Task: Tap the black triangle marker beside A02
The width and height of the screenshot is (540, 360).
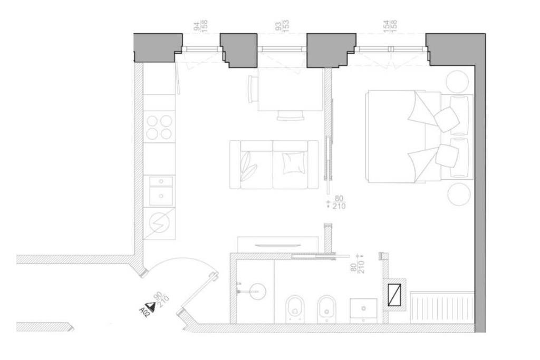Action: [x=151, y=305]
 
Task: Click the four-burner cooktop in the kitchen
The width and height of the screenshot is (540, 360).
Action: [x=159, y=127]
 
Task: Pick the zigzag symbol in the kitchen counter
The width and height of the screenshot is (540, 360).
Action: [x=159, y=223]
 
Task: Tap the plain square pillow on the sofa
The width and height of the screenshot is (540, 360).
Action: [x=294, y=162]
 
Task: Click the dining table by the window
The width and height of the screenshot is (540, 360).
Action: [x=290, y=92]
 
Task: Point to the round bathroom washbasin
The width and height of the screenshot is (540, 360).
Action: [x=257, y=290]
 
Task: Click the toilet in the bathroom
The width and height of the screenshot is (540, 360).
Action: [x=293, y=308]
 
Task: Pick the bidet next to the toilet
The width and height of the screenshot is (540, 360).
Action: [x=327, y=308]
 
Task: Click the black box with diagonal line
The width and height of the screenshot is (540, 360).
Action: [x=394, y=294]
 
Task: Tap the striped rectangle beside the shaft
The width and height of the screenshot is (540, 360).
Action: [x=442, y=307]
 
